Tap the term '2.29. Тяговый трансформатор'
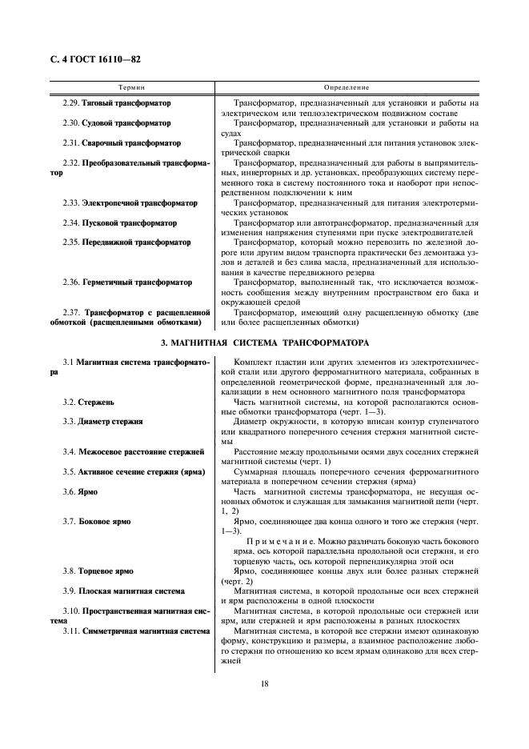coord(116,103)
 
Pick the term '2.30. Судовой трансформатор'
coord(116,123)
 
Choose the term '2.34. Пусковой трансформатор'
coord(119,222)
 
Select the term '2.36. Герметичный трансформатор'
coord(126,282)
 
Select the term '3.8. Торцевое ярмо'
coord(98,571)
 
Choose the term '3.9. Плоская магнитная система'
coord(123,591)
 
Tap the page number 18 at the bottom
coord(264,683)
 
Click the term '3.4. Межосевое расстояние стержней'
coord(132,451)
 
